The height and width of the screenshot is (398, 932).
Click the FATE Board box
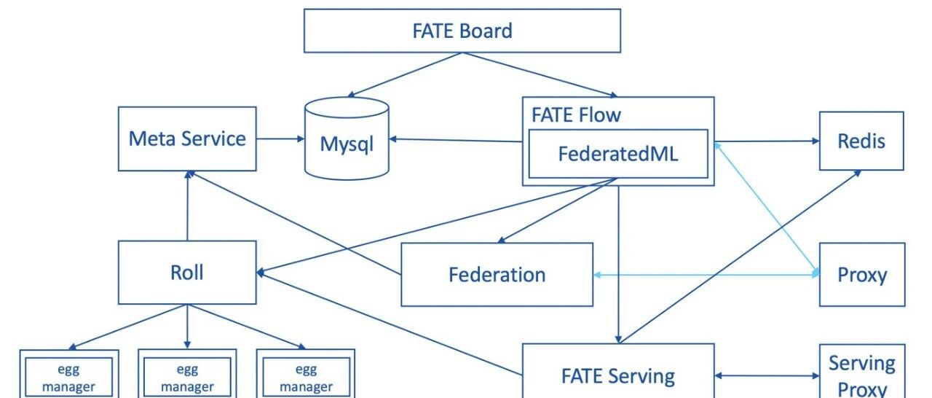pos(462,31)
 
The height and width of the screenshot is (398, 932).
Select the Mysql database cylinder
pos(347,143)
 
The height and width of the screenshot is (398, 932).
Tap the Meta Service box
pos(187,138)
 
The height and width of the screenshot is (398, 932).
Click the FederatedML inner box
pos(617,154)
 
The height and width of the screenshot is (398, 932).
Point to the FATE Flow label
pos(576,115)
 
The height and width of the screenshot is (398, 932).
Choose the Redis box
pos(861,140)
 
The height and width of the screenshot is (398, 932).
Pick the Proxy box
pos(862,275)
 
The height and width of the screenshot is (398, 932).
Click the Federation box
pos(497,275)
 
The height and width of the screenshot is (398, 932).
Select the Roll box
pos(187,273)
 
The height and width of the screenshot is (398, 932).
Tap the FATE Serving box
pos(617,375)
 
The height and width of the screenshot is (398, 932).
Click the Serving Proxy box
pos(862,373)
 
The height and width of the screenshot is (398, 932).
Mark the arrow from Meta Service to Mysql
pos(280,138)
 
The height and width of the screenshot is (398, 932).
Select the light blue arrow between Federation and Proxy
pos(706,275)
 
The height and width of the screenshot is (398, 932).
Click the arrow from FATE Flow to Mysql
pos(456,140)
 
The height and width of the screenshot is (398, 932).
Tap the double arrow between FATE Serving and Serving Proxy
pos(767,376)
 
